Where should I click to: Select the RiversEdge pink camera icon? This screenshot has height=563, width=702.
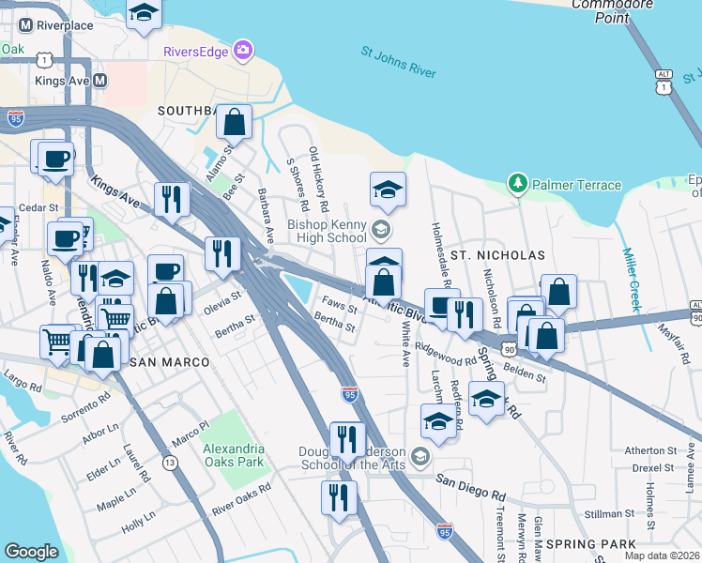point(243,50)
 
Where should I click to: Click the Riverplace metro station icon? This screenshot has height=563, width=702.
point(23,25)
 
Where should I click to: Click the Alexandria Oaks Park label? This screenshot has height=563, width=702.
point(234,455)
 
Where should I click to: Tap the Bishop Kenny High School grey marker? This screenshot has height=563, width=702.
point(380,228)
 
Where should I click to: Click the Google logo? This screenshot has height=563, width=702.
point(31,551)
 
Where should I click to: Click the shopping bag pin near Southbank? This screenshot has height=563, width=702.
point(235,121)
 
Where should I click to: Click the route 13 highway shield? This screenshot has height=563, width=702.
point(170,463)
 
